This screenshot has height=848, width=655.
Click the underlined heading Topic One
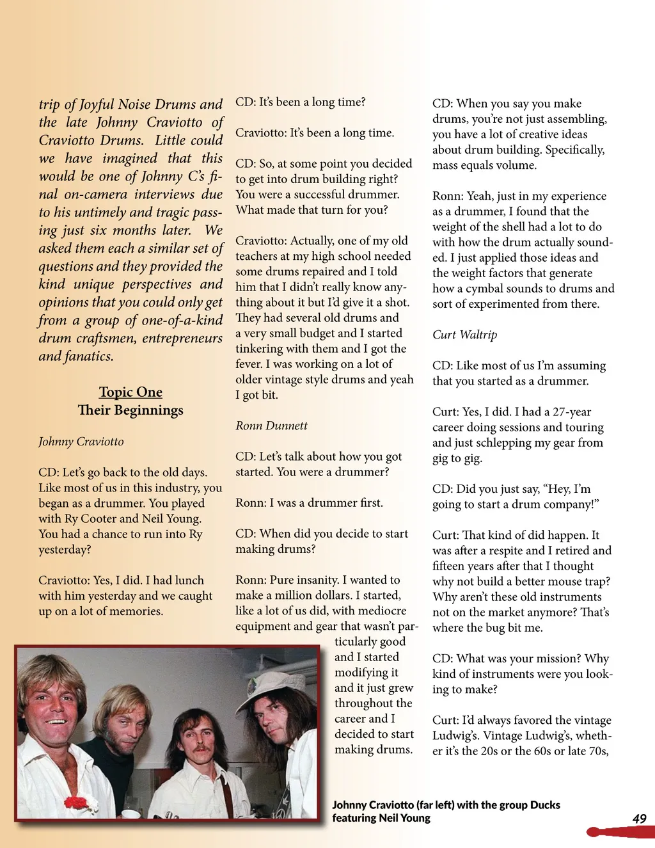click(130, 392)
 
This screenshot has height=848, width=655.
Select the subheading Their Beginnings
click(130, 410)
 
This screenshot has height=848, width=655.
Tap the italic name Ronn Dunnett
click(271, 426)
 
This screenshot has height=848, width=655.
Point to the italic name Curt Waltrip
click(464, 335)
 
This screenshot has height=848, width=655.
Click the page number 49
click(639, 819)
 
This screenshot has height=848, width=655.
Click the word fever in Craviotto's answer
click(249, 364)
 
